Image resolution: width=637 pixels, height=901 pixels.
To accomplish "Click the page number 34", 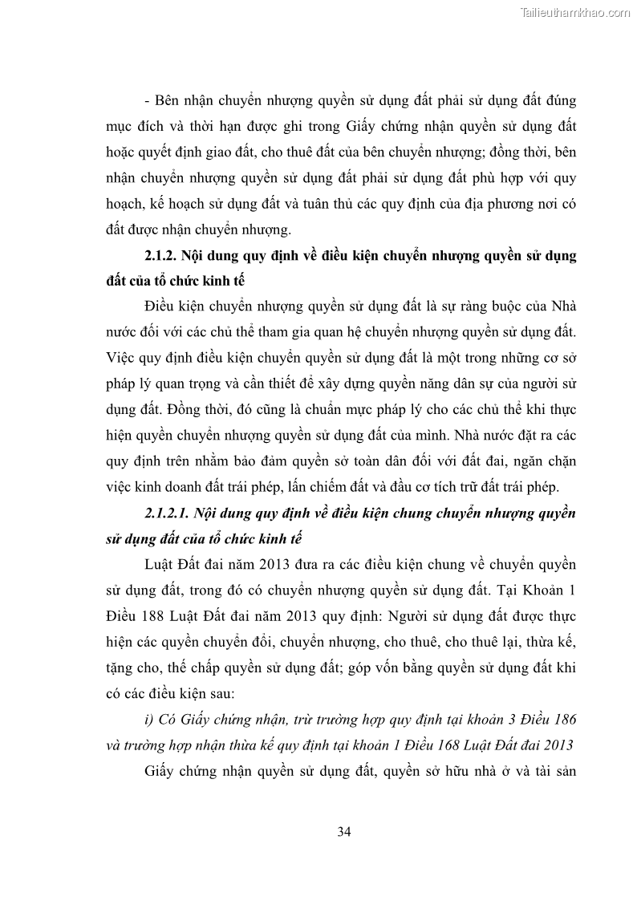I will (x=344, y=830).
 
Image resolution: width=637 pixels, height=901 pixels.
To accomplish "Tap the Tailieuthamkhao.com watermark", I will (x=575, y=12).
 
